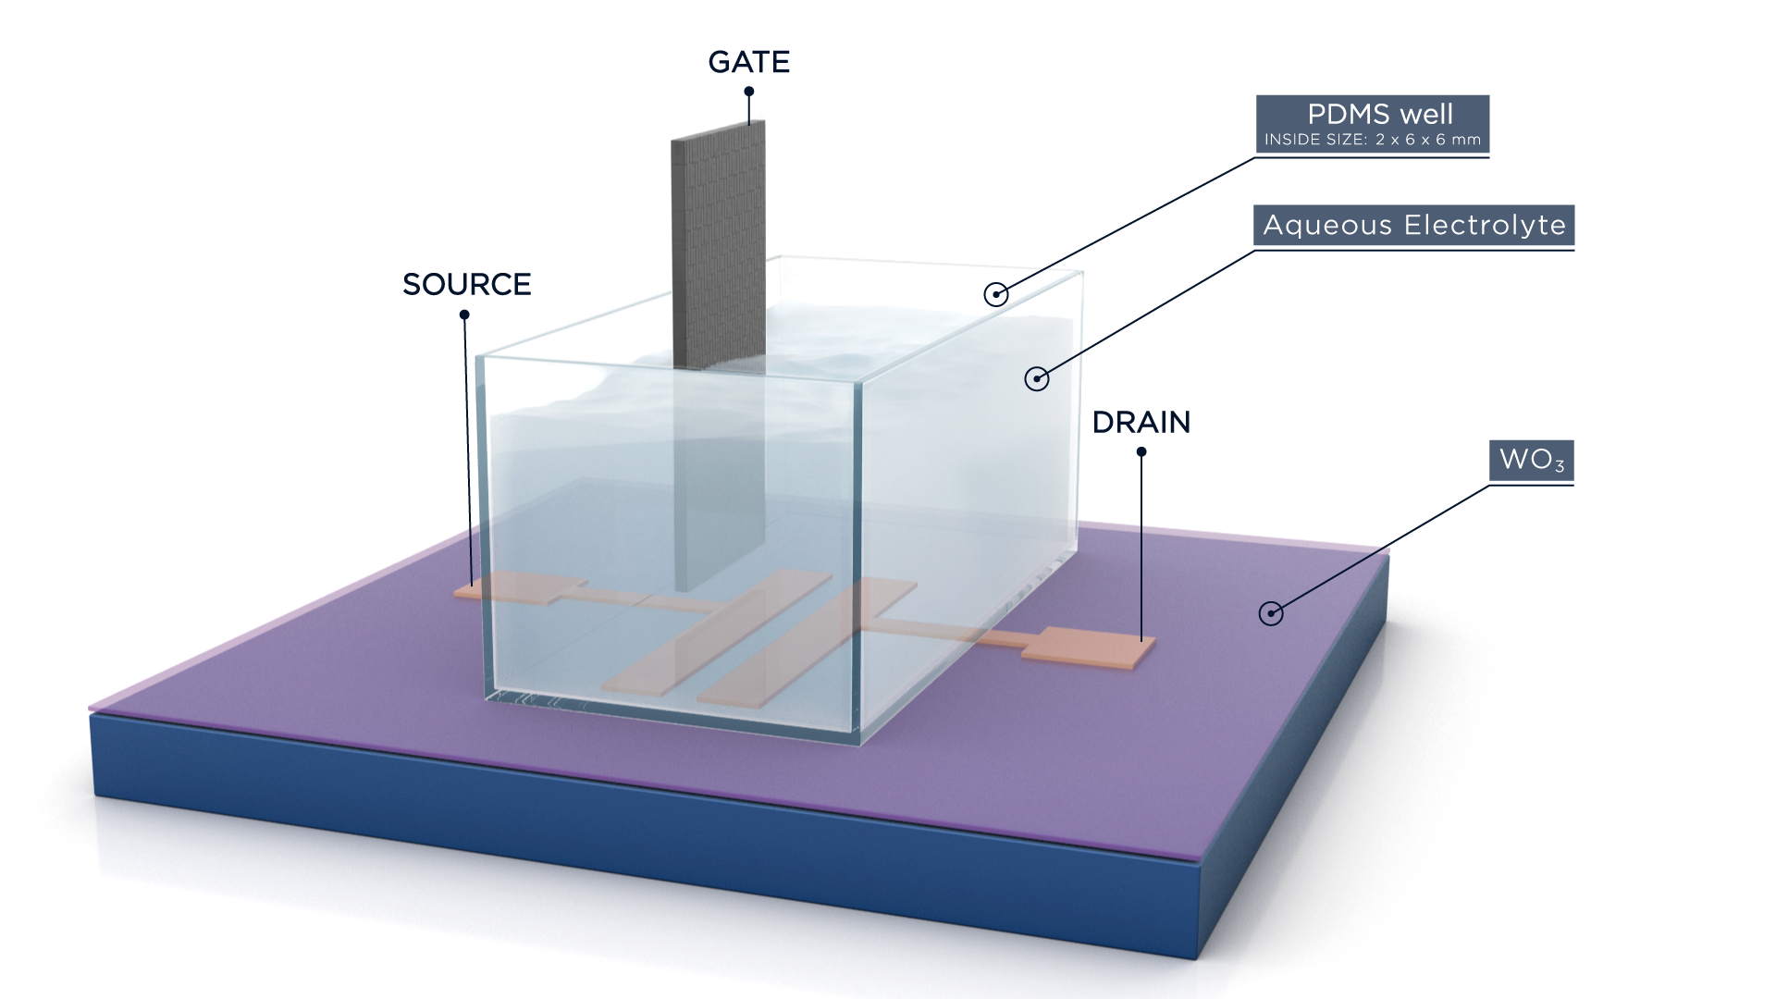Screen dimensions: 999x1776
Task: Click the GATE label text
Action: pyautogui.click(x=748, y=62)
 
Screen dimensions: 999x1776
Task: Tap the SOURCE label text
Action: pyautogui.click(x=466, y=284)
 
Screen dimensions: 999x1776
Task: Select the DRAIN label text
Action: pyautogui.click(x=1141, y=422)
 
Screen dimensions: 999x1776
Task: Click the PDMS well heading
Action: pyautogui.click(x=1379, y=114)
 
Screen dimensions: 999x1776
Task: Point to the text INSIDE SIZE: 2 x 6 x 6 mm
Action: pyautogui.click(x=1372, y=140)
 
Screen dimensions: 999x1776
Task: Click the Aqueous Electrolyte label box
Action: pyautogui.click(x=1413, y=225)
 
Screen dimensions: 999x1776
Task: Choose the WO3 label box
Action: pyautogui.click(x=1531, y=460)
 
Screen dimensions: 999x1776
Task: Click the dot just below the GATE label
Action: pyautogui.click(x=749, y=92)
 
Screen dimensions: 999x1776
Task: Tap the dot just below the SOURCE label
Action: pyautogui.click(x=464, y=314)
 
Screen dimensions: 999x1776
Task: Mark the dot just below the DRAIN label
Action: pyautogui.click(x=1141, y=452)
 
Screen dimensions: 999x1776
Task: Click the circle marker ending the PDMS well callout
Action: pyautogui.click(x=995, y=294)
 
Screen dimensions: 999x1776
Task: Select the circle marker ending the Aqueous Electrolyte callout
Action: pyautogui.click(x=1036, y=377)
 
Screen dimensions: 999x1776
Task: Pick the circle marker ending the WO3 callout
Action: pyautogui.click(x=1271, y=612)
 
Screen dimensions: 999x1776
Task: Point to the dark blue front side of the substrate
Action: pyautogui.click(x=647, y=832)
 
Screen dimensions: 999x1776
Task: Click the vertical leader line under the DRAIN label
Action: pyautogui.click(x=1141, y=546)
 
